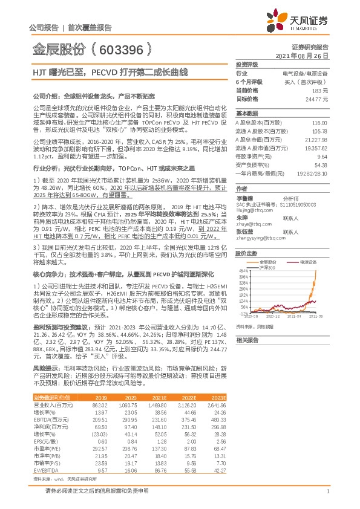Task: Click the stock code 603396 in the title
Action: pyautogui.click(x=119, y=48)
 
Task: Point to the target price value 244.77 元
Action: pyautogui.click(x=316, y=98)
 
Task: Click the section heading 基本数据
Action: pyautogui.click(x=247, y=114)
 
